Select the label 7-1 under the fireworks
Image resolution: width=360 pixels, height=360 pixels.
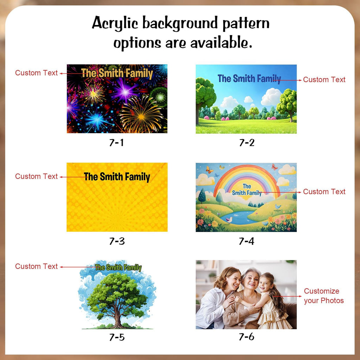tap(117, 143)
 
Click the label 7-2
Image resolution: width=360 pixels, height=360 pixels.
tap(247, 143)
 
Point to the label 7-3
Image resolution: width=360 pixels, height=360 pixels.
tap(117, 241)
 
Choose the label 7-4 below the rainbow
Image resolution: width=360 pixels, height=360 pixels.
tap(246, 241)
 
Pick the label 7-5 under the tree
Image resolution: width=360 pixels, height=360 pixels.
tap(117, 337)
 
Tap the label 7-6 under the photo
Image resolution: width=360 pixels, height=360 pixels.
tap(246, 336)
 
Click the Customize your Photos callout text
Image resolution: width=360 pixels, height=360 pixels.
tap(324, 296)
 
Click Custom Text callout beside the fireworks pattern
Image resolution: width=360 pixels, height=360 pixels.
tap(36, 73)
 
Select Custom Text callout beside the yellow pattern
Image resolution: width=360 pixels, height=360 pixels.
tap(36, 176)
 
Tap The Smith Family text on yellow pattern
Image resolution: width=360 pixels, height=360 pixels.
tap(117, 177)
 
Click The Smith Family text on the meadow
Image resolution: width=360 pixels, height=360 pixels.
tap(249, 79)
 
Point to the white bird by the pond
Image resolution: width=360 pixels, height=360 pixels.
tap(229, 220)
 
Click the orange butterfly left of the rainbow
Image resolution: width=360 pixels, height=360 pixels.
tap(210, 170)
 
